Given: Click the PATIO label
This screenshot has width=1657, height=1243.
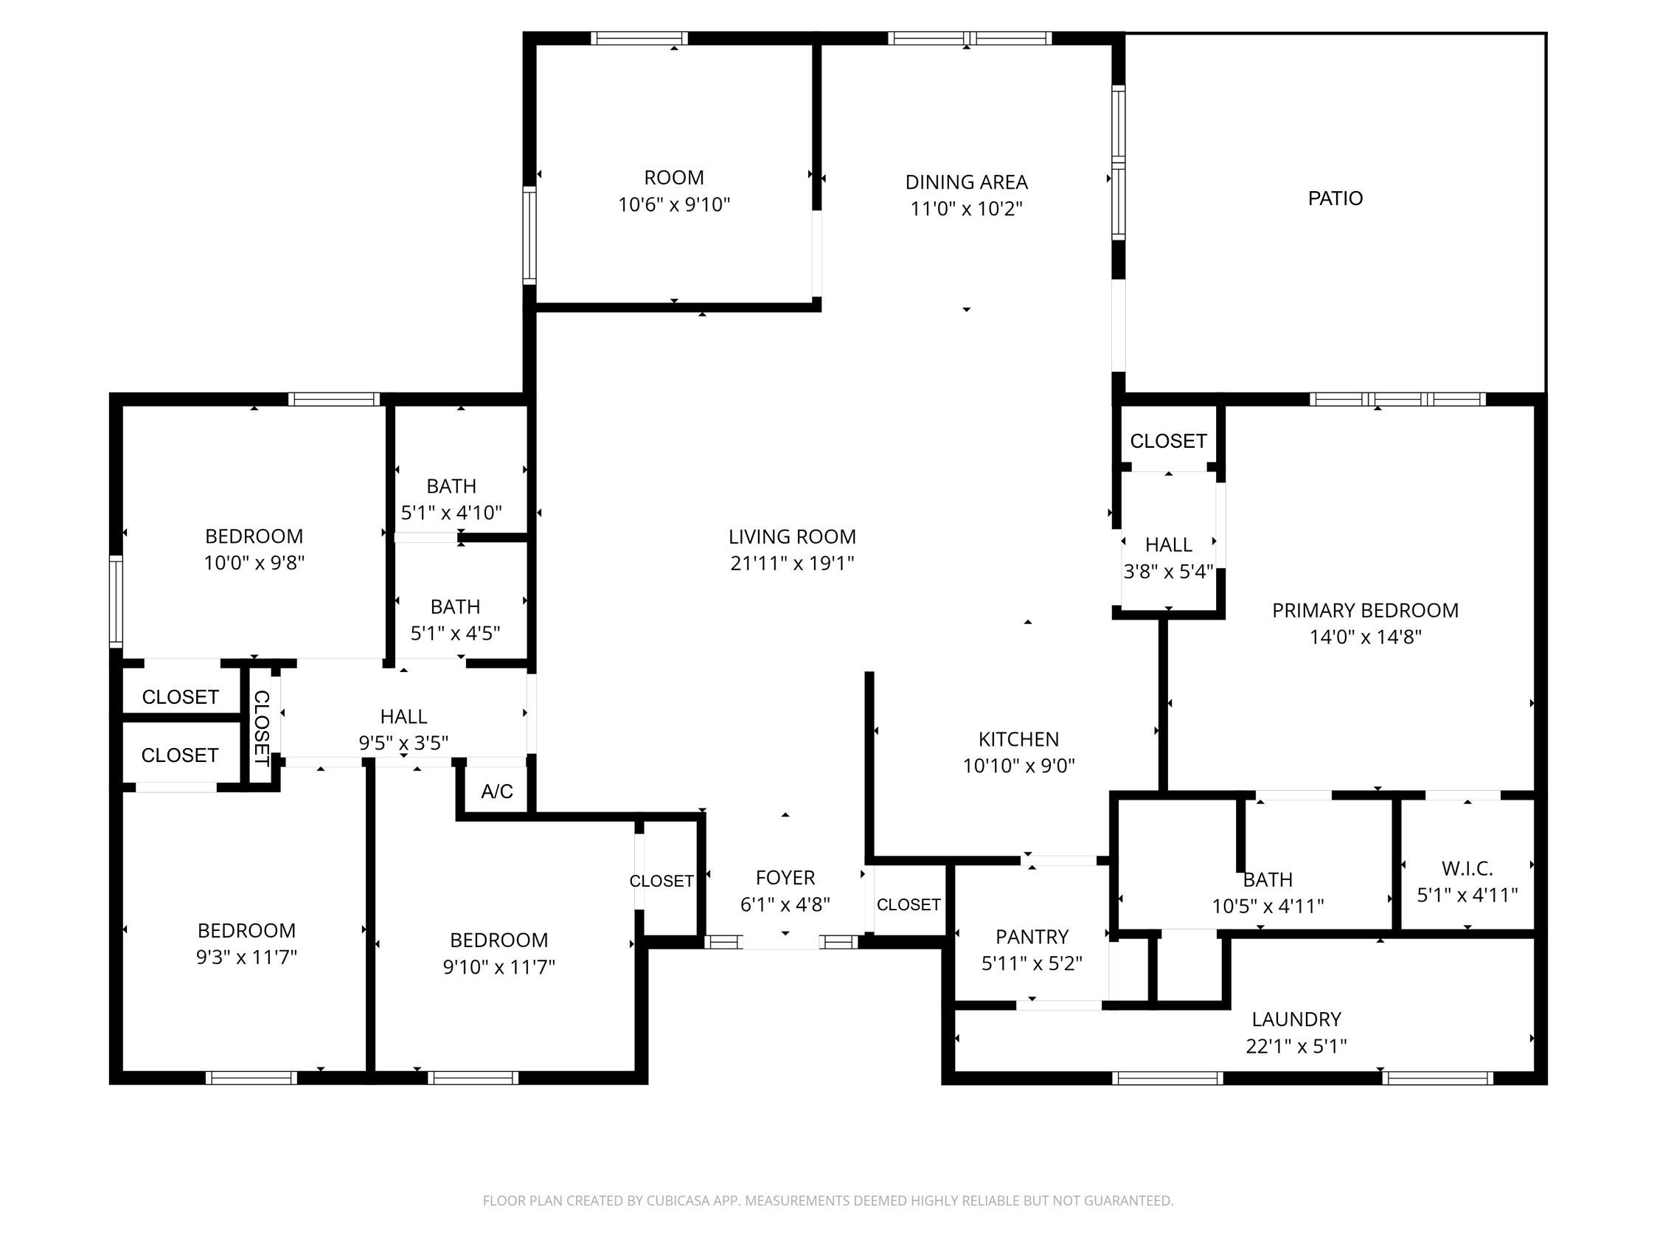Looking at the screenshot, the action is tap(1335, 198).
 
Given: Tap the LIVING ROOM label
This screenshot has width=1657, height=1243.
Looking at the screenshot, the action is tap(792, 536).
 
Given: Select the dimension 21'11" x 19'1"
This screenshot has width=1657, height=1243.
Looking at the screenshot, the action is tap(792, 563).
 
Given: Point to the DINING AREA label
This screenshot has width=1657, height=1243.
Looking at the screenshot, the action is tap(966, 182).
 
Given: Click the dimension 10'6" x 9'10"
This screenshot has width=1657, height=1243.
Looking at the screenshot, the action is tap(674, 204).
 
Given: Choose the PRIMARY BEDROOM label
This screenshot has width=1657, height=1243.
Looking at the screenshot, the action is tap(1365, 610).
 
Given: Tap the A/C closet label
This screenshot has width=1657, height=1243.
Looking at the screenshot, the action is tap(496, 792).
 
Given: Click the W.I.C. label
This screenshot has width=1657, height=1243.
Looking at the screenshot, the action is tap(1467, 868).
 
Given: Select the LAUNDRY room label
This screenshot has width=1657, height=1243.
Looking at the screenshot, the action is tap(1296, 1019).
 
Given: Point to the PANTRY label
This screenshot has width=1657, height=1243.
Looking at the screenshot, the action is tap(1032, 937).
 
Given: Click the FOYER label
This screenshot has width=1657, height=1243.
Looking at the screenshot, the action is tap(785, 877).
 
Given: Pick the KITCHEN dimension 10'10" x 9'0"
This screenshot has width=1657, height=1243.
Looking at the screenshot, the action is tap(1019, 766).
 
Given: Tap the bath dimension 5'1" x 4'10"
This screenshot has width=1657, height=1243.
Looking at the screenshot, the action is tap(451, 513).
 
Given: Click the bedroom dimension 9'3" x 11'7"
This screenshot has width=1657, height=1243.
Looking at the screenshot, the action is tap(246, 957).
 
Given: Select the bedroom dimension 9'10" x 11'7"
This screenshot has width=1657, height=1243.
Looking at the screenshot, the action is tap(499, 966).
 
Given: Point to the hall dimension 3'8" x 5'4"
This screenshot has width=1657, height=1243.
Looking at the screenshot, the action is tap(1168, 572).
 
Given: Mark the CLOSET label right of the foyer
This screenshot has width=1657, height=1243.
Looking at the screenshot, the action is tap(908, 904).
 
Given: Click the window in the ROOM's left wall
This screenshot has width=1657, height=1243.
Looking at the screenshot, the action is tap(529, 235).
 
